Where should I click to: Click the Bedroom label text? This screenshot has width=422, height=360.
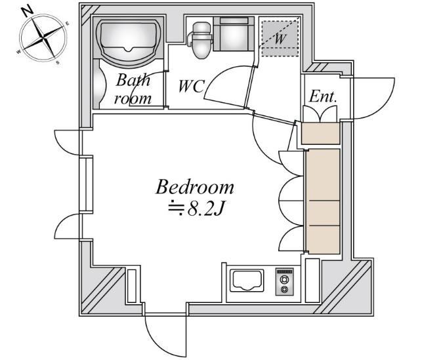(x=194, y=187)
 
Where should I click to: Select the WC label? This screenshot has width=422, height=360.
(x=192, y=86)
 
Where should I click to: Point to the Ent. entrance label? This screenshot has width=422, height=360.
(x=323, y=96)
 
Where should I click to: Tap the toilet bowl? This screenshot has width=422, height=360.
(x=201, y=41)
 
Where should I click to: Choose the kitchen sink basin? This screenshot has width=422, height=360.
(x=247, y=281)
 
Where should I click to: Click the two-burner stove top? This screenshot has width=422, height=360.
(x=284, y=281)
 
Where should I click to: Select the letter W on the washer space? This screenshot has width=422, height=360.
(x=280, y=39)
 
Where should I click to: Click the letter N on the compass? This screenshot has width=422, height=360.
(x=28, y=11)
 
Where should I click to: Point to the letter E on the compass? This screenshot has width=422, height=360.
(x=68, y=24)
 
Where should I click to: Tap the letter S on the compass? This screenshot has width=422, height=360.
(x=58, y=63)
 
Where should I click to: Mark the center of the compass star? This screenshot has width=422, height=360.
(x=43, y=38)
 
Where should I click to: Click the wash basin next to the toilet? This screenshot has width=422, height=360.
(x=234, y=33)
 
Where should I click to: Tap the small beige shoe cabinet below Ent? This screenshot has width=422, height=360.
(x=320, y=133)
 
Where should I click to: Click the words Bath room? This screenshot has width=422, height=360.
(x=133, y=89)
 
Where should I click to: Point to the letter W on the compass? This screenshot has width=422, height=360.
(x=18, y=52)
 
